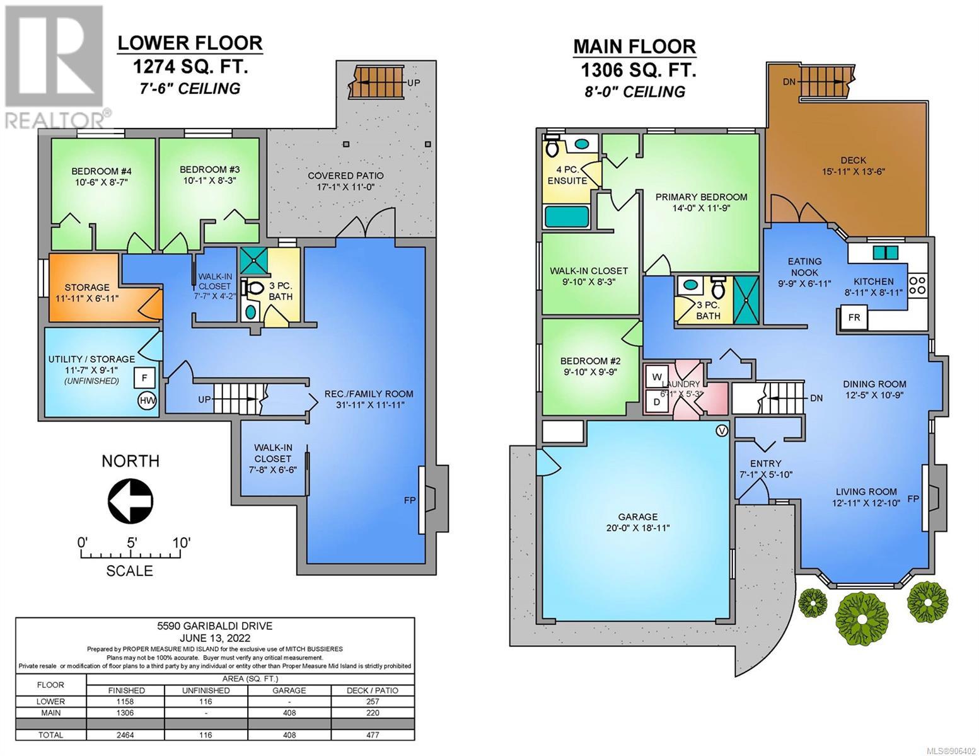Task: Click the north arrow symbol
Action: [130, 500]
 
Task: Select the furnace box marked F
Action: [144, 378]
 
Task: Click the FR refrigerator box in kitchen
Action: [854, 318]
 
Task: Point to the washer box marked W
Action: [657, 376]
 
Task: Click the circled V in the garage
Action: [722, 431]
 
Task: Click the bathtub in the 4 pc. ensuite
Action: [567, 217]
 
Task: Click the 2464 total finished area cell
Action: [126, 735]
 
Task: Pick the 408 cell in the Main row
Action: [289, 713]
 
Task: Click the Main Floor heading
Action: [634, 47]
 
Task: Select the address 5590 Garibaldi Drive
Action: [214, 626]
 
